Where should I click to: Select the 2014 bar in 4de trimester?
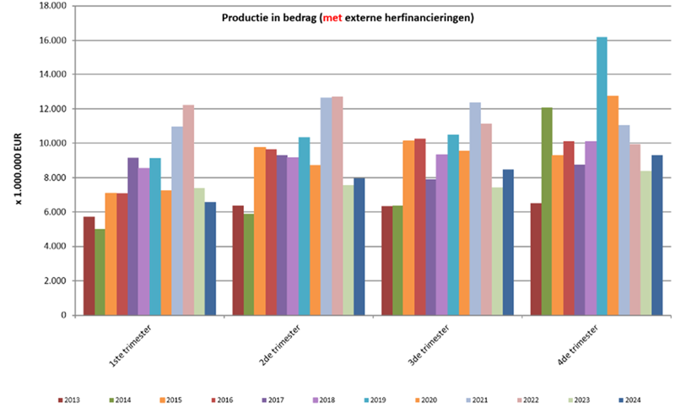547,211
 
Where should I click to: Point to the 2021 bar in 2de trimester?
326,206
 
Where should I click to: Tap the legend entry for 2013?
70,399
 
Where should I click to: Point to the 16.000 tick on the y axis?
53,40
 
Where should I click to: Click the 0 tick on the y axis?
63,315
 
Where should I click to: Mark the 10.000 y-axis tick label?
53,143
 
